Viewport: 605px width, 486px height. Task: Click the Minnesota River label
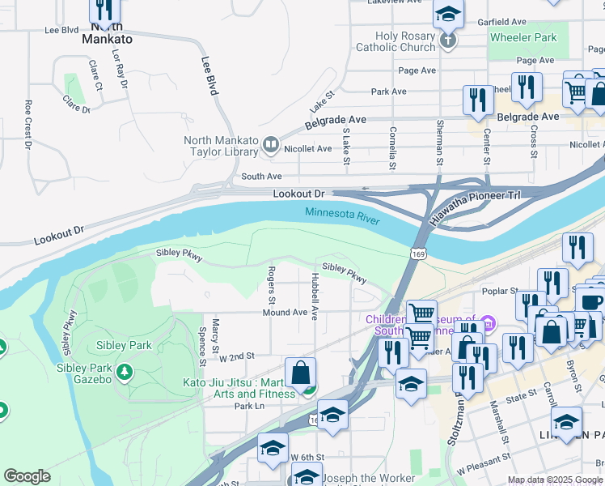tap(343, 213)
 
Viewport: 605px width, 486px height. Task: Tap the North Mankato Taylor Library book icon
tap(270, 144)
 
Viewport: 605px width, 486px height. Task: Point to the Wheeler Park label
tap(522, 37)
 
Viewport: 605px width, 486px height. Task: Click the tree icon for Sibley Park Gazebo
tap(125, 372)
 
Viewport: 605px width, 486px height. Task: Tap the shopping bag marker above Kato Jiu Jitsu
tap(300, 373)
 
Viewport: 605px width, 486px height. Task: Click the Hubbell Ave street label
tap(315, 295)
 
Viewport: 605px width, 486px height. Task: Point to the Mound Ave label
tap(285, 313)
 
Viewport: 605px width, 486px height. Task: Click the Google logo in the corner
tap(27, 476)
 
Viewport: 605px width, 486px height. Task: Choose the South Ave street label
tap(261, 176)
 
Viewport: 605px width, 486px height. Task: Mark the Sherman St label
tap(439, 143)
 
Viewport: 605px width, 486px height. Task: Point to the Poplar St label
tap(502, 291)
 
